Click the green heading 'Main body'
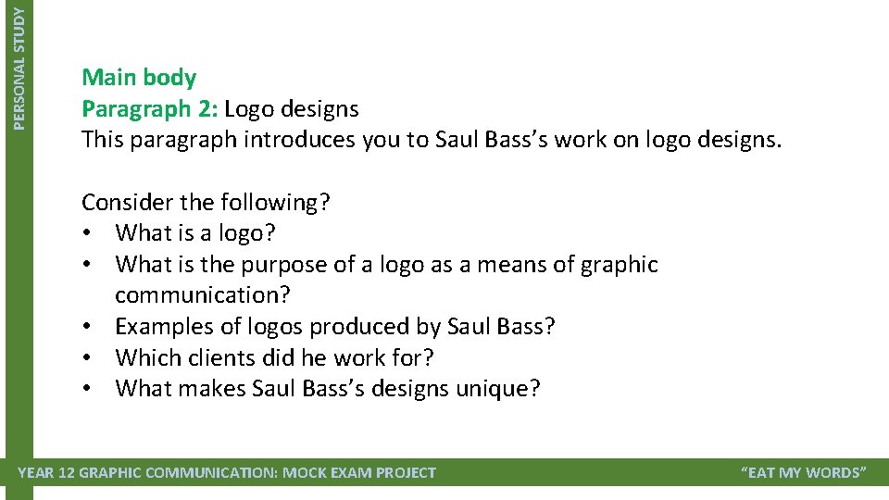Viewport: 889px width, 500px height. coord(139,78)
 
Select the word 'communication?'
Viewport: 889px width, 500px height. coord(202,295)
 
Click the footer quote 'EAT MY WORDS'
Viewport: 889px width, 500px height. coord(804,473)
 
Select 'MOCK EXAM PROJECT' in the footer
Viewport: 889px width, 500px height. coord(358,473)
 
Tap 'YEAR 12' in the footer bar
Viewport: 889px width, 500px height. coord(46,473)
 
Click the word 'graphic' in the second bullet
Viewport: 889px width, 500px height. coord(619,265)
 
